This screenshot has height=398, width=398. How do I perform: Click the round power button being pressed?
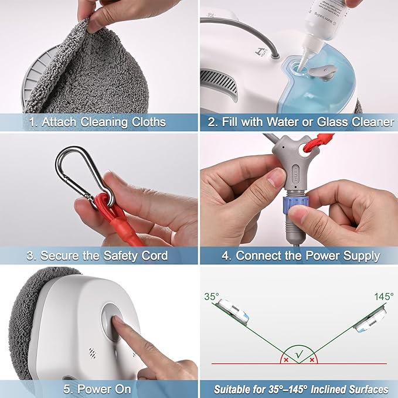[x=112, y=322]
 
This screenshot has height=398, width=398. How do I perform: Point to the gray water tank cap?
[x=322, y=72]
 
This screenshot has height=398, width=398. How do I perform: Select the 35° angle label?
[x=212, y=297]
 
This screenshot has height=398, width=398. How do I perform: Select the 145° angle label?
[x=384, y=297]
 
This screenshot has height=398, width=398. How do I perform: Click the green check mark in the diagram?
[x=300, y=353]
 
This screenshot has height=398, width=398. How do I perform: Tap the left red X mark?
[x=286, y=360]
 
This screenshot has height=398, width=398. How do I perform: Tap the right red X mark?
[x=312, y=360]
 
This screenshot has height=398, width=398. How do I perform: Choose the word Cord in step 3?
[x=155, y=256]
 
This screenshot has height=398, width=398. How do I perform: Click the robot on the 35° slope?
[x=233, y=311]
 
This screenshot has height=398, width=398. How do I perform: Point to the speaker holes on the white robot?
[x=93, y=353]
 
